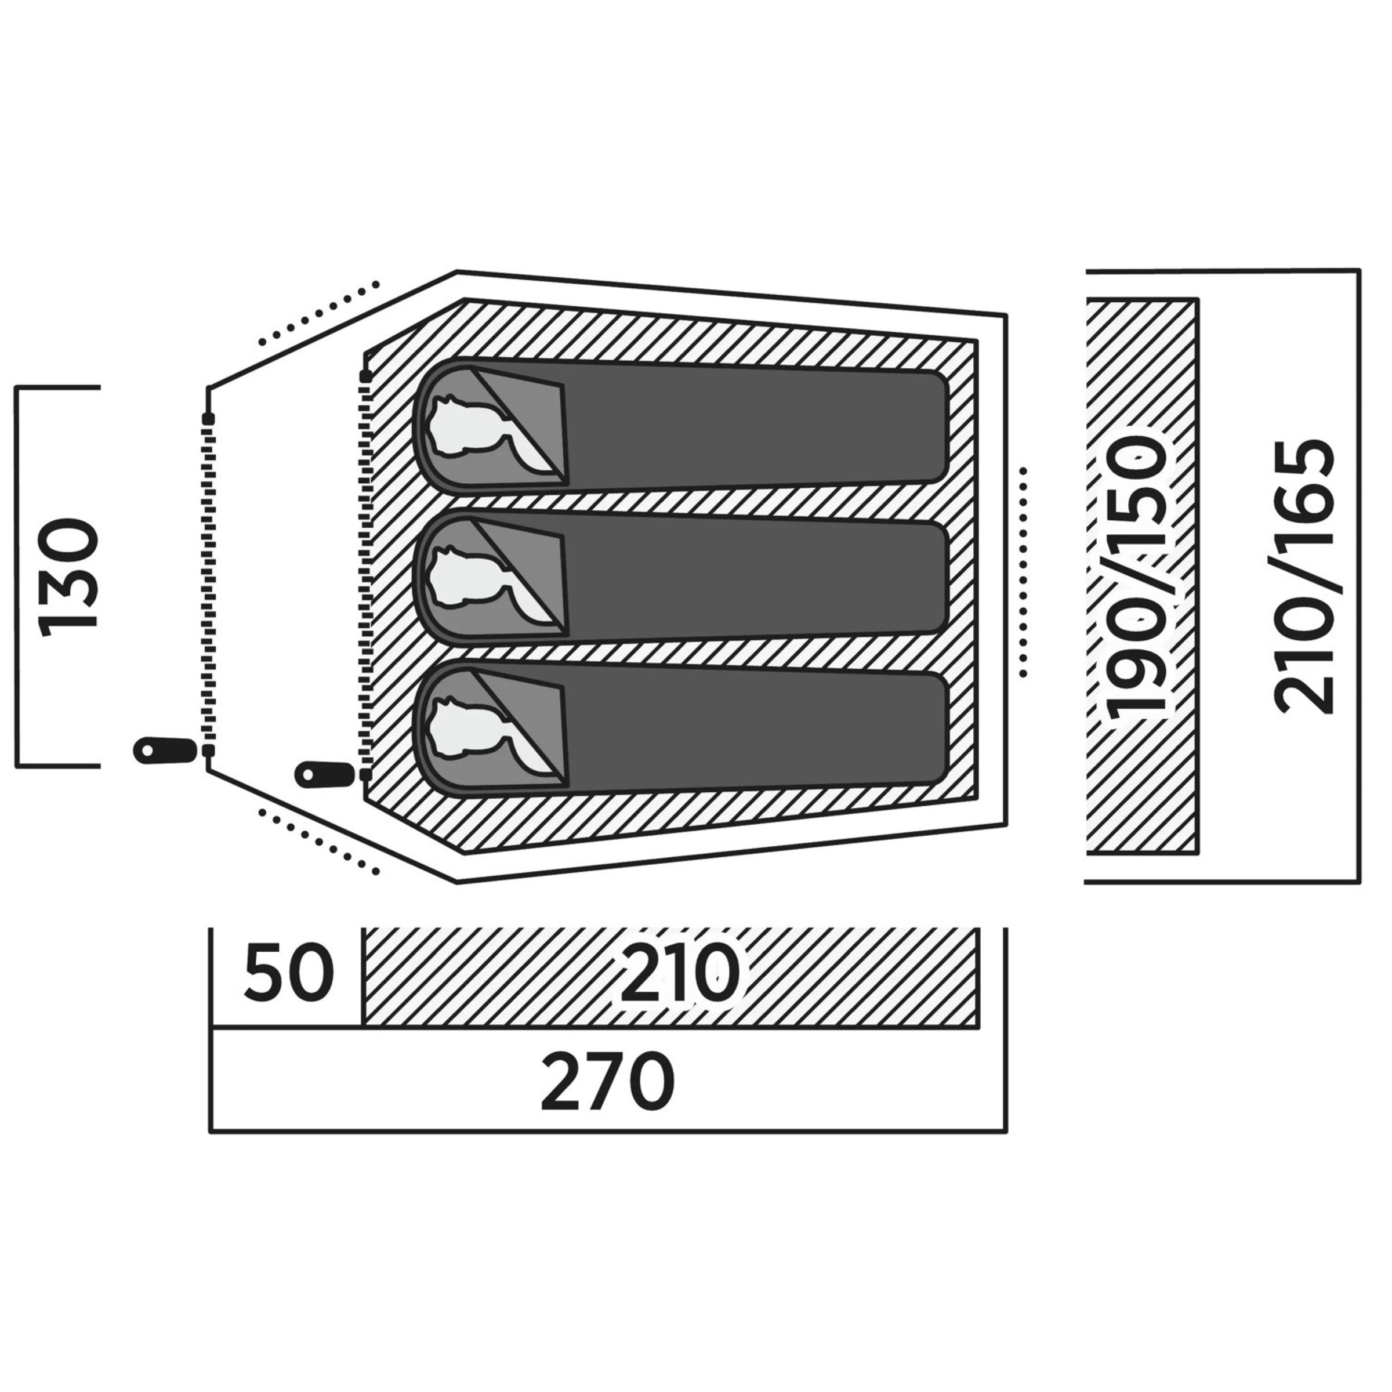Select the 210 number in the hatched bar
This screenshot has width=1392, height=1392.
point(679,975)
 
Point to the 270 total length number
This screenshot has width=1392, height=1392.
point(607,1083)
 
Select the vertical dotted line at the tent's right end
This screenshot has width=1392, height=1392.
point(1023,571)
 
